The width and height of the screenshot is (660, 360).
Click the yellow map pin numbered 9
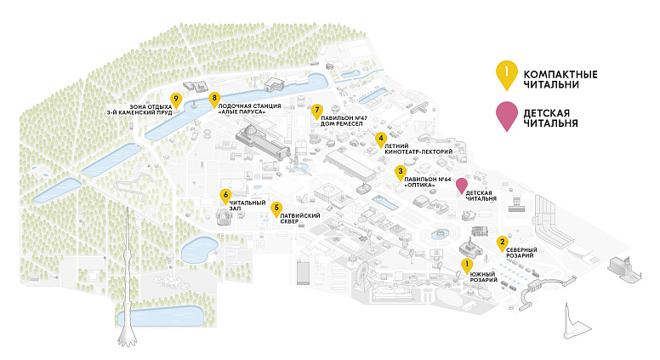[176, 101]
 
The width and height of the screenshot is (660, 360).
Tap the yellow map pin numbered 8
[214, 100]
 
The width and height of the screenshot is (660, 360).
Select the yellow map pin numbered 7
[317, 111]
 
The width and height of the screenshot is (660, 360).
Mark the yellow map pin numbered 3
[401, 173]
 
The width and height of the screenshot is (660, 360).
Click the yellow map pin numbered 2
[502, 243]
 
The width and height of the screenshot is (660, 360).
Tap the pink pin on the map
[462, 186]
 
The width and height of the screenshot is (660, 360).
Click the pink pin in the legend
[507, 116]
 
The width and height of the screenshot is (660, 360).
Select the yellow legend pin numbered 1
[507, 75]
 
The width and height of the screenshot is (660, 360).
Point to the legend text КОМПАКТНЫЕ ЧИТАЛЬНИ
[560, 80]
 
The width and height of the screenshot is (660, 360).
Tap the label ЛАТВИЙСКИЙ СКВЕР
[300, 219]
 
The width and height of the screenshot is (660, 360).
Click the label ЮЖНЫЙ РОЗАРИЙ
[484, 277]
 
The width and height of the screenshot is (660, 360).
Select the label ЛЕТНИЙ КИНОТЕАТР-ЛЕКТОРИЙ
[418, 149]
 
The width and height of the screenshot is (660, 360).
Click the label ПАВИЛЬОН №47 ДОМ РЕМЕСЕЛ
[344, 121]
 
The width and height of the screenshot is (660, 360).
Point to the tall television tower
[127, 278]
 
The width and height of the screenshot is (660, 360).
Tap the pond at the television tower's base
[161, 317]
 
